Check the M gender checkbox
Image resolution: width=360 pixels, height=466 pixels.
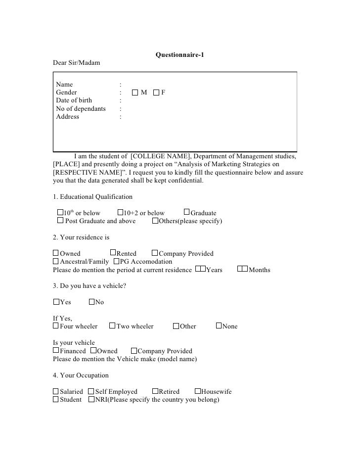pos(135,93)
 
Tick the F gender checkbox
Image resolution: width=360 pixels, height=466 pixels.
pos(156,93)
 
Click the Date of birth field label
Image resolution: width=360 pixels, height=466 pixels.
pos(74,100)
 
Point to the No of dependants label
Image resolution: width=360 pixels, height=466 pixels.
pos(81,109)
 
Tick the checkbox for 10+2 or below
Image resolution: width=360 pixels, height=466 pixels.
pos(120,213)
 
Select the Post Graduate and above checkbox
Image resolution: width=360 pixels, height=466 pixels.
pos(60,221)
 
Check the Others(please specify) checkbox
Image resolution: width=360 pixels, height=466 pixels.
pos(155,221)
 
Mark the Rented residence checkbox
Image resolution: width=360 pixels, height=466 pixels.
pos(113,253)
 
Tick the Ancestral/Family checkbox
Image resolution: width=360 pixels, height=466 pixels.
pos(55,261)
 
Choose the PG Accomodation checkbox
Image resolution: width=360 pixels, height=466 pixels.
pos(117,261)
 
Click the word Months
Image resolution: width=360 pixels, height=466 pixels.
pos(259,270)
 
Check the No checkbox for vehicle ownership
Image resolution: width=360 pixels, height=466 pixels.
pos(91,302)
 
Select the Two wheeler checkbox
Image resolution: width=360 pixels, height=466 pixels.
pos(112,326)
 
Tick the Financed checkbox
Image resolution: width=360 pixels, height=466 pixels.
pos(55,351)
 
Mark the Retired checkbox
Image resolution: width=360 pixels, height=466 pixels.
pos(155,391)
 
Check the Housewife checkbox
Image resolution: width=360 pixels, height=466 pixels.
pos(197,391)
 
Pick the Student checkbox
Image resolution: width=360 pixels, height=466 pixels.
pos(55,399)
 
